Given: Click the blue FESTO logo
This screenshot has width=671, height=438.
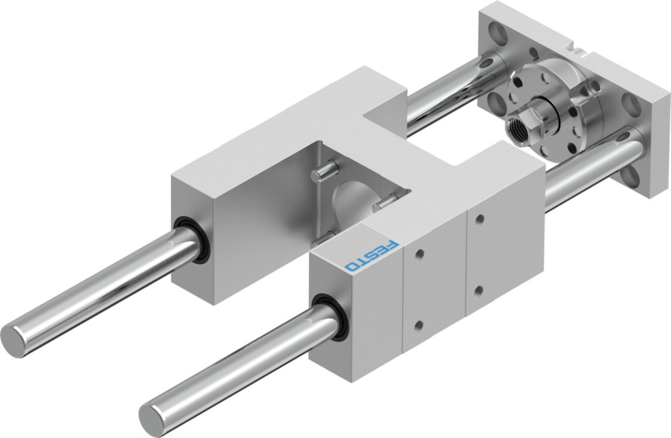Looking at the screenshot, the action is pos(372,255).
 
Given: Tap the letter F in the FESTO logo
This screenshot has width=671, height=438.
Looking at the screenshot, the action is pos(391,246).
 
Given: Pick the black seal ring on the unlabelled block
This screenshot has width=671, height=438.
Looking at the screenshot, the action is pos(191,240).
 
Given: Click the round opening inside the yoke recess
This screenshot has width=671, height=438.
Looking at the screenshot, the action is pos(351,201).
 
